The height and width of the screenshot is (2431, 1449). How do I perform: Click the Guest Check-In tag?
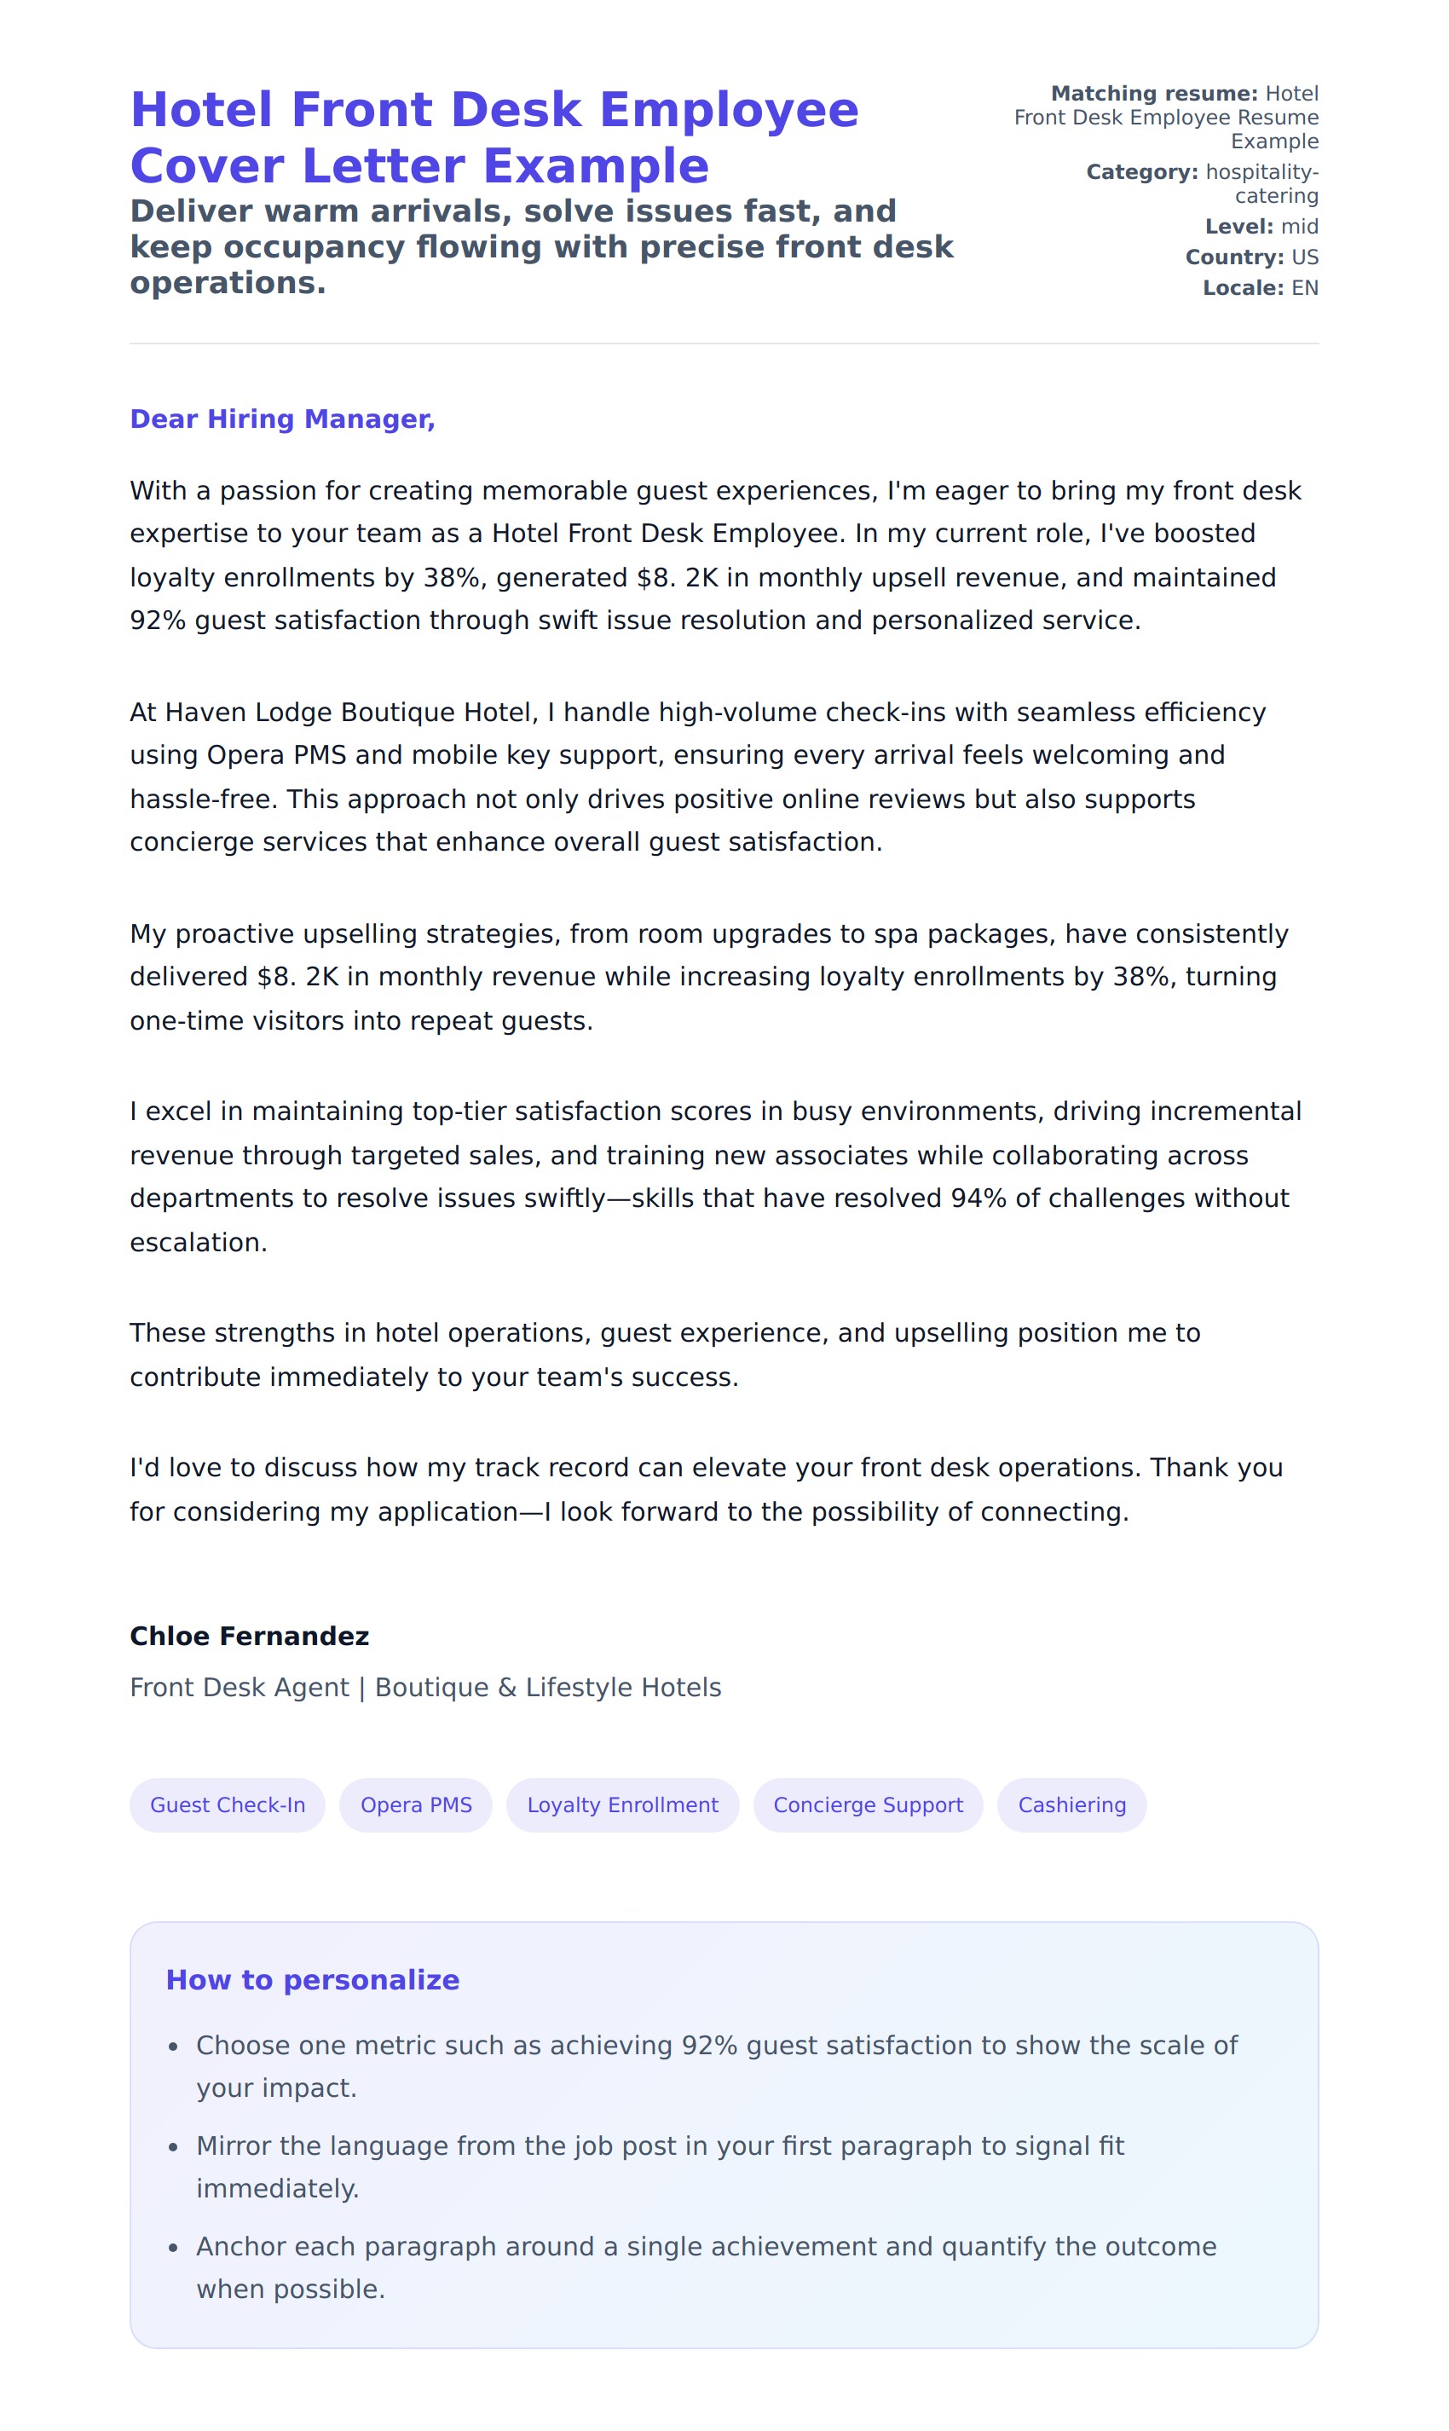tap(228, 1805)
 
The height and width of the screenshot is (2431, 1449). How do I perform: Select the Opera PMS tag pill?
tap(416, 1805)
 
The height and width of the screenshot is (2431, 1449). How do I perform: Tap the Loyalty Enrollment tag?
tap(622, 1805)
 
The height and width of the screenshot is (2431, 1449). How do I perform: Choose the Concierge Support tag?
tap(868, 1805)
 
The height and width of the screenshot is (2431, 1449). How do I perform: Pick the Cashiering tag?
tap(1071, 1805)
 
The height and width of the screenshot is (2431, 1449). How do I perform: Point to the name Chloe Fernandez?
tap(249, 1637)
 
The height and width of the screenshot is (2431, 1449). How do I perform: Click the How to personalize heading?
tap(313, 1980)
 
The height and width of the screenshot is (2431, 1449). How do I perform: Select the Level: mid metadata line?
tap(1261, 227)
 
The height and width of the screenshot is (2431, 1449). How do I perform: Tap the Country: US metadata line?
tap(1252, 257)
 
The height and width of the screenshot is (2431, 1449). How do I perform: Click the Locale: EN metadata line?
tap(1261, 288)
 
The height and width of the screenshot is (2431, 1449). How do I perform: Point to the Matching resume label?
tap(1154, 94)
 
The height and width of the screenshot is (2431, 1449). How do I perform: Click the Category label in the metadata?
tap(1141, 172)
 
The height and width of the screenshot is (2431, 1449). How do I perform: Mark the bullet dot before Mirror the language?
tap(174, 2147)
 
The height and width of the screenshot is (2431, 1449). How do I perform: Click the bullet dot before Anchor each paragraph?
tap(174, 2248)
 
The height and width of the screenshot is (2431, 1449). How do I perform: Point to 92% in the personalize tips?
tap(709, 2046)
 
